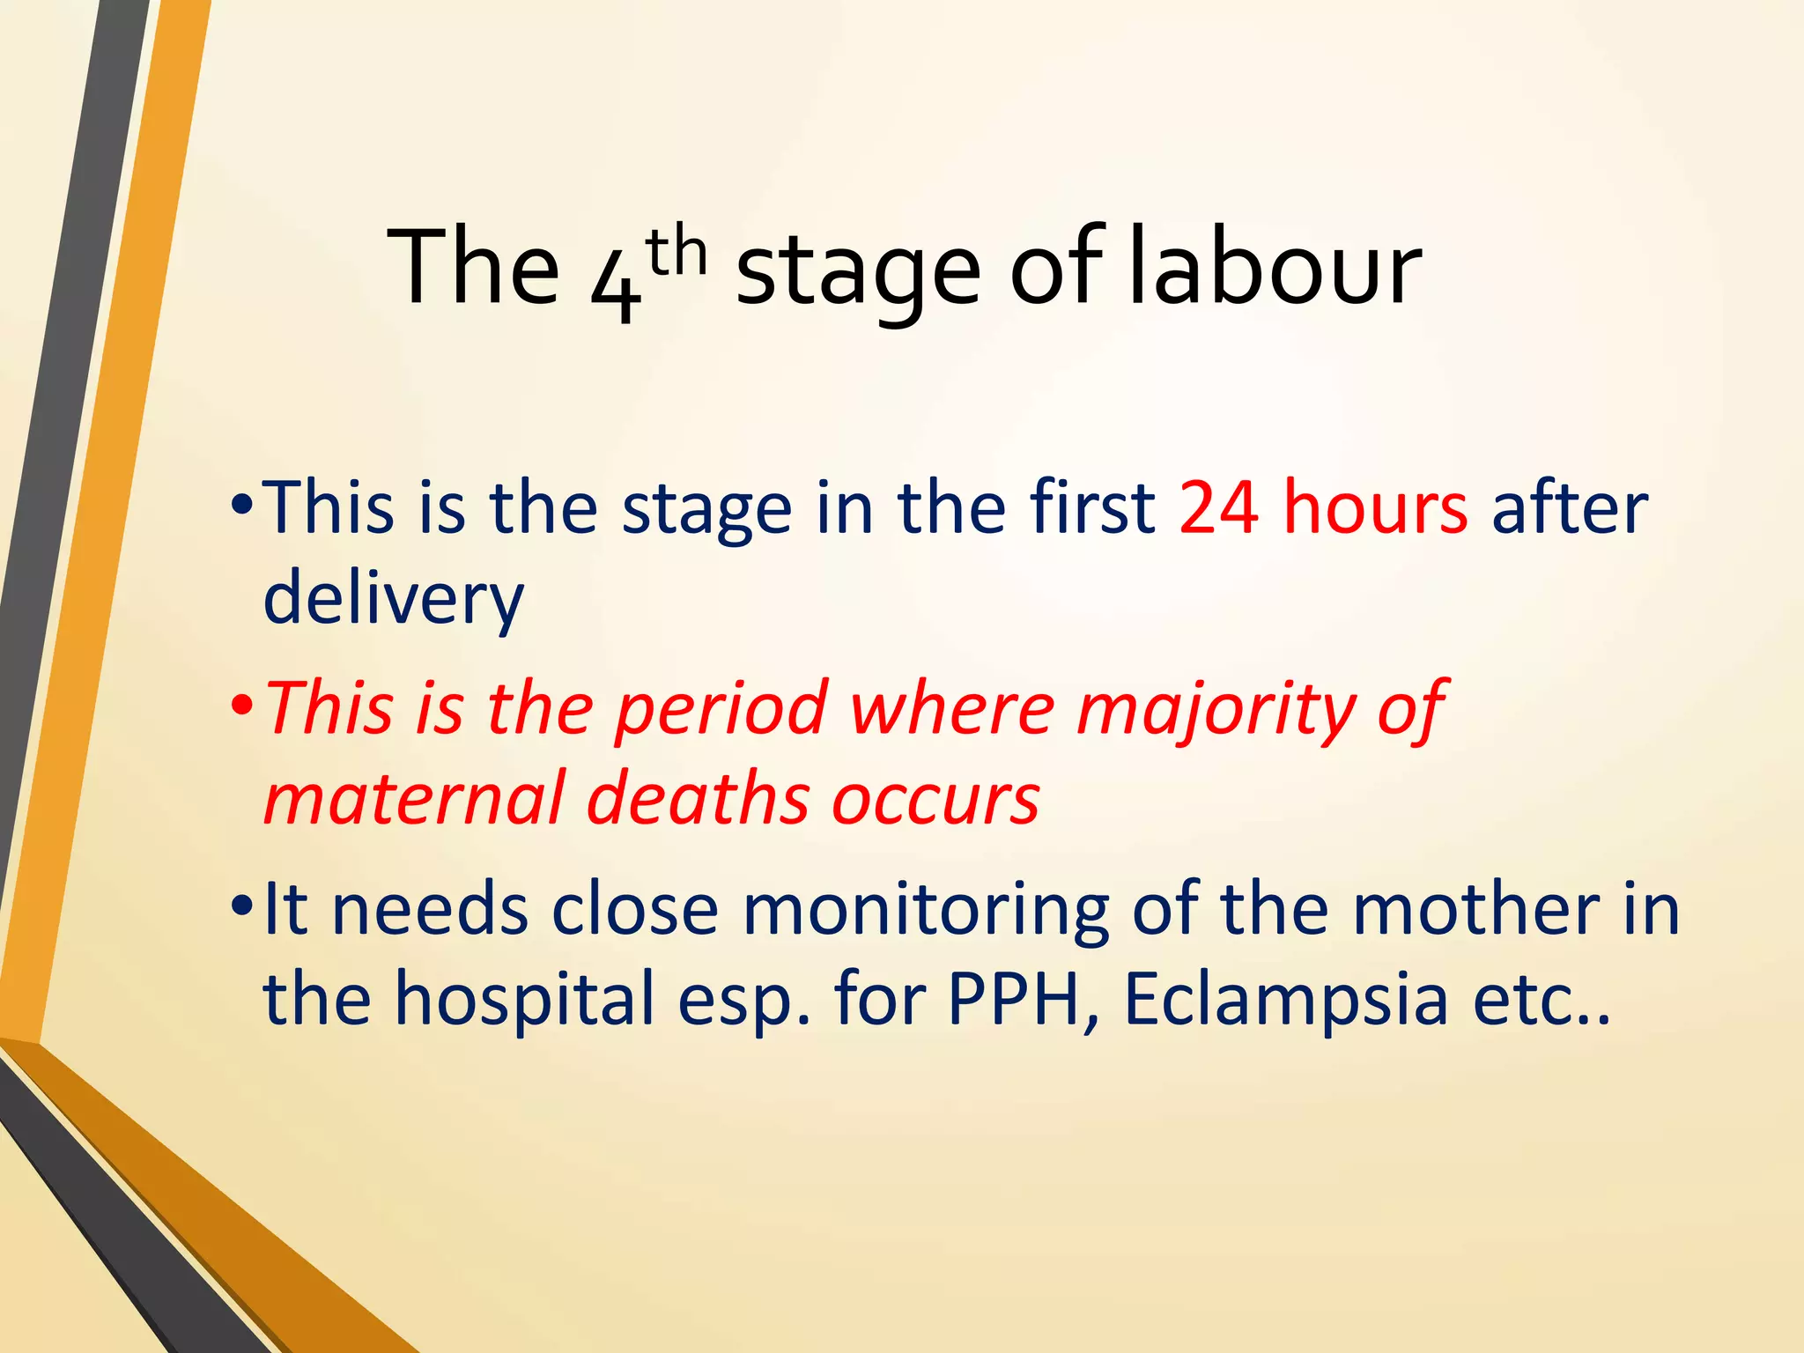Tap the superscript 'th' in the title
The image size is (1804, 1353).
coord(676,254)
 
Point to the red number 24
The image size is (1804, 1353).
coord(1218,508)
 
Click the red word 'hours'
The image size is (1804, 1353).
coord(1375,508)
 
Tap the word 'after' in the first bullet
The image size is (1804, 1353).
coord(1569,508)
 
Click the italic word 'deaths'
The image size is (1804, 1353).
coord(698,798)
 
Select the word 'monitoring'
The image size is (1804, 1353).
coord(926,910)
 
